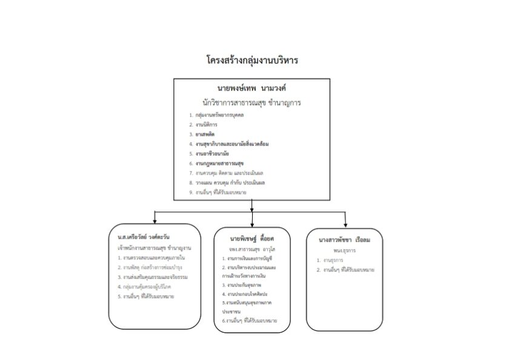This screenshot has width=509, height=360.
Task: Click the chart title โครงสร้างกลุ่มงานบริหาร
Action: click(252, 61)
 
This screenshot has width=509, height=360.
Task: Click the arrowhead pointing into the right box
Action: click(345, 223)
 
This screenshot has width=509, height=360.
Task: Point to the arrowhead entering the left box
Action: click(156, 222)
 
